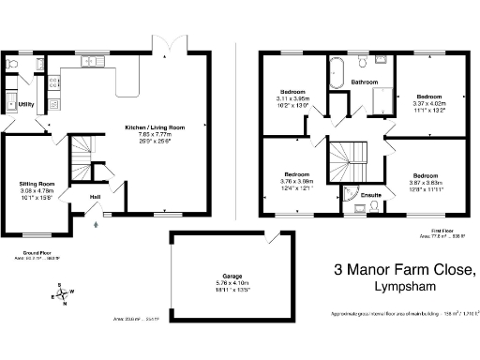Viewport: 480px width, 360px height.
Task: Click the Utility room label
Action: coord(26,104)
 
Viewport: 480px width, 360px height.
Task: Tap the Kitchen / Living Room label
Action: coord(156,127)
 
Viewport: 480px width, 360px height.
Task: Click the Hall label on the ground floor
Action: coord(95,197)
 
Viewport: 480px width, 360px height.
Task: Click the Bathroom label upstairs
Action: coord(365,82)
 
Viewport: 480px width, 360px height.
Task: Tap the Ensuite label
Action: coord(371,196)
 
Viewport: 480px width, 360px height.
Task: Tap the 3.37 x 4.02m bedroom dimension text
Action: coord(428,103)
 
